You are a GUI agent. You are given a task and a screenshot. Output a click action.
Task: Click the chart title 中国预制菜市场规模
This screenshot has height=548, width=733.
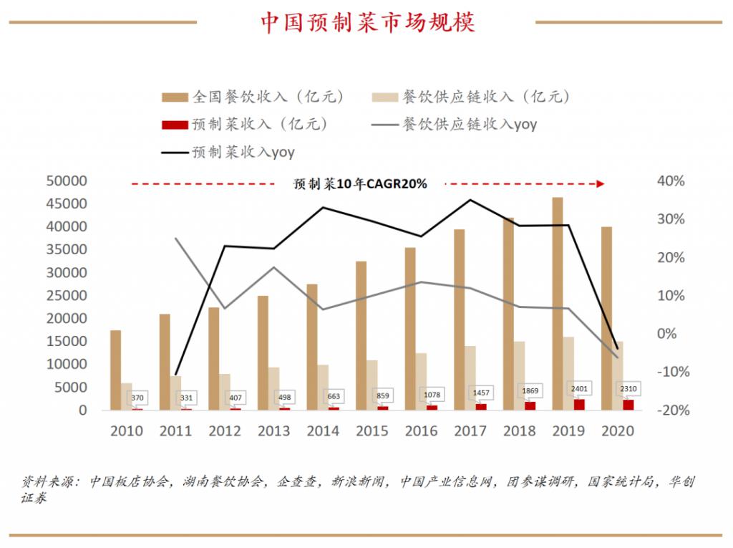tap(366, 22)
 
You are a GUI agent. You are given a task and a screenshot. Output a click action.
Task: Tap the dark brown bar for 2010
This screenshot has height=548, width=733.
tap(116, 370)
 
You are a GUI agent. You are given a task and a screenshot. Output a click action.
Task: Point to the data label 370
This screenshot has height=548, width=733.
tap(137, 397)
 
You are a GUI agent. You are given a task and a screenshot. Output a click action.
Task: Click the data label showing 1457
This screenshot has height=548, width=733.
tap(480, 393)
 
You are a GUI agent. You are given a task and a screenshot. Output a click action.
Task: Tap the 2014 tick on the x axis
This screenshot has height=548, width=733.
tap(323, 431)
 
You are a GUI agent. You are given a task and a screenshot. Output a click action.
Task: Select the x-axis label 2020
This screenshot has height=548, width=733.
tap(617, 431)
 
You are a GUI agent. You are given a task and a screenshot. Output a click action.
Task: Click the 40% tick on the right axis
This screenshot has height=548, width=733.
tap(671, 181)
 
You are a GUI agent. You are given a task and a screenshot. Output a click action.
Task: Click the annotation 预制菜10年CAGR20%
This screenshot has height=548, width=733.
tap(360, 184)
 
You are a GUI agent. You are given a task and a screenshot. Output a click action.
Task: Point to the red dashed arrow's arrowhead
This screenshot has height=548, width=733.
tap(601, 184)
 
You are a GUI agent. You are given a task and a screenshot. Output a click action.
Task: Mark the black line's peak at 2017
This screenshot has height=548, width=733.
tap(470, 200)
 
